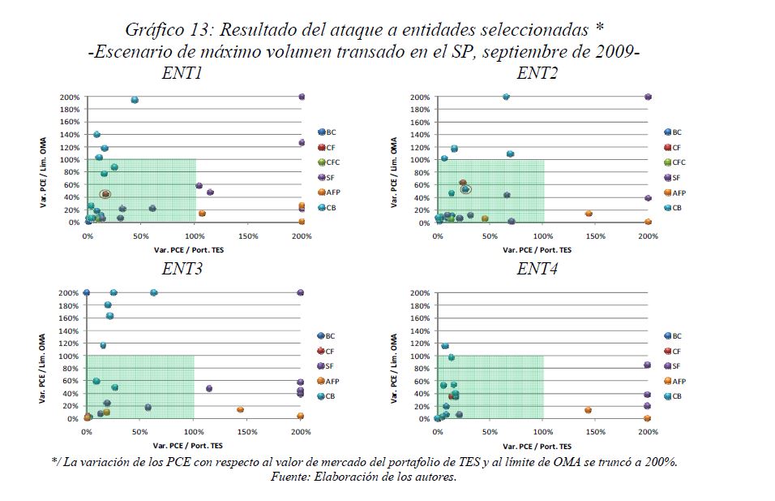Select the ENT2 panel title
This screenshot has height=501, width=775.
(535, 74)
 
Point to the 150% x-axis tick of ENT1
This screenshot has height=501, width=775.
(248, 237)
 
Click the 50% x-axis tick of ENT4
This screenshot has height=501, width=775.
(490, 432)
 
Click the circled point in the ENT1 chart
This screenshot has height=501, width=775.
(105, 194)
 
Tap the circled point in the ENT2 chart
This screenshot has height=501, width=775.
(465, 189)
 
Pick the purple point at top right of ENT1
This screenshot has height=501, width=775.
(302, 97)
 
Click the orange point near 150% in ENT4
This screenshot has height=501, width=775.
(588, 410)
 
